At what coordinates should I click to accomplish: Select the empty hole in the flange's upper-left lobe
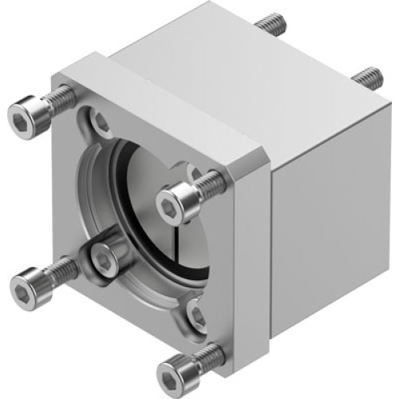(x=100, y=122)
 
